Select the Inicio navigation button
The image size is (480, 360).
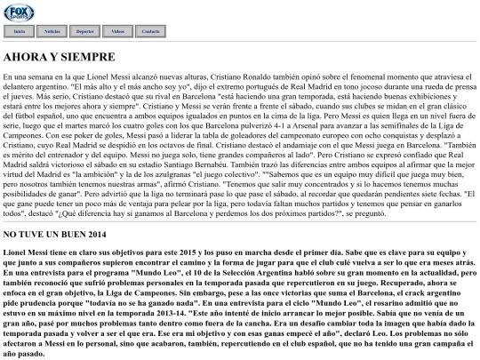[19, 30]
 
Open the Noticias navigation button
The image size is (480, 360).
[52, 30]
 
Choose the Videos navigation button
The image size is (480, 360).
[118, 30]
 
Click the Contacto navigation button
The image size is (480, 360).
[151, 30]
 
